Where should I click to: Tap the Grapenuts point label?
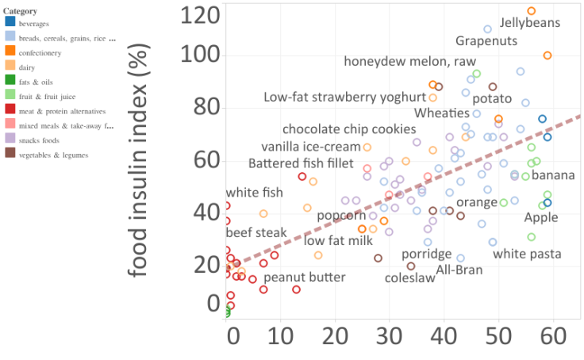pyautogui.click(x=486, y=40)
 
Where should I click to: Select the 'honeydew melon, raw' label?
pyautogui.click(x=409, y=61)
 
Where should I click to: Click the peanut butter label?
pyautogui.click(x=304, y=278)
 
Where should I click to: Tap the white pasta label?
pyautogui.click(x=527, y=255)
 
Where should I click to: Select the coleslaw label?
pyautogui.click(x=409, y=278)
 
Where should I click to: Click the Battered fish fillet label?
pyautogui.click(x=301, y=163)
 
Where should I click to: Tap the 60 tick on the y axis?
pyautogui.click(x=203, y=159)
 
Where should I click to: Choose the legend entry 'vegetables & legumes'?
pyautogui.click(x=53, y=155)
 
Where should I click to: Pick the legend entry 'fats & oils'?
pyautogui.click(x=36, y=82)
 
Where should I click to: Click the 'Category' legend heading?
pyautogui.click(x=19, y=11)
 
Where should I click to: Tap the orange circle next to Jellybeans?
pyautogui.click(x=532, y=11)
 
